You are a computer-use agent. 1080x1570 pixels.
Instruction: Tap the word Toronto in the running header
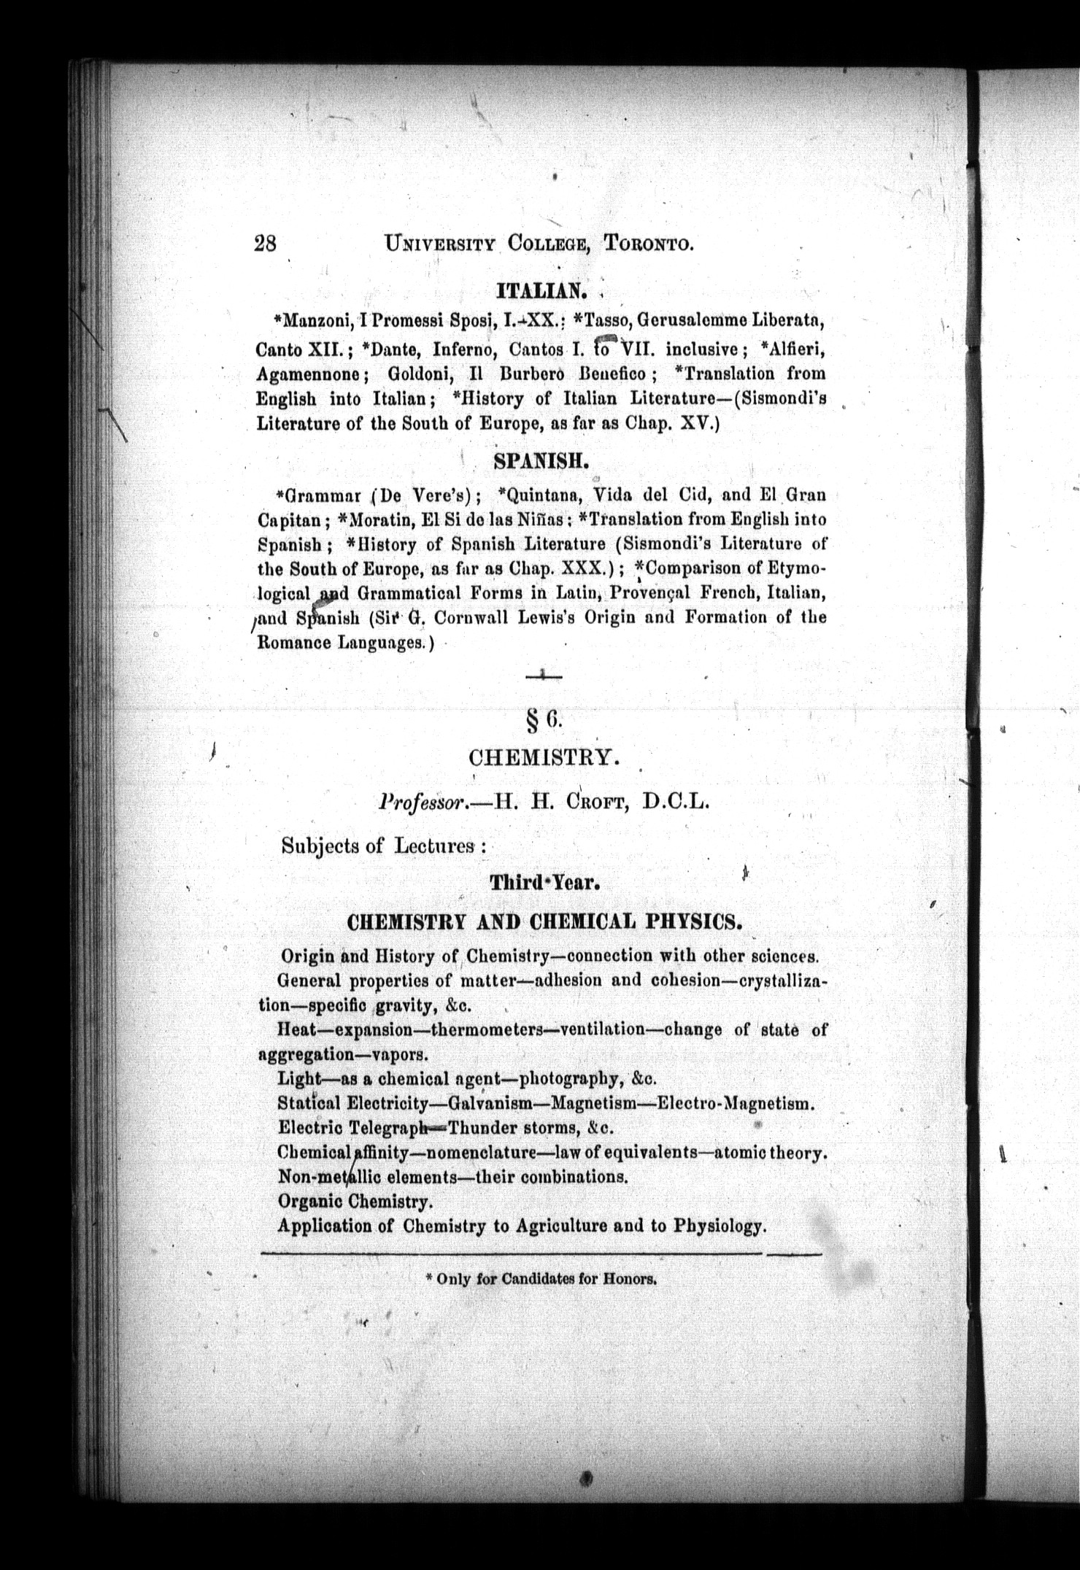pos(648,244)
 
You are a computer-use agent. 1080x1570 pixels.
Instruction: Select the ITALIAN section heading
pos(541,291)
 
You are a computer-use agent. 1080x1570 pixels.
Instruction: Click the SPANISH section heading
pos(541,461)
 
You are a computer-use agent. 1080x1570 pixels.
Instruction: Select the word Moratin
pos(379,519)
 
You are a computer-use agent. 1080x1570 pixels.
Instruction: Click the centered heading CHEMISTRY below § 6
pos(544,757)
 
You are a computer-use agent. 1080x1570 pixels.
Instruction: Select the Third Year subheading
pos(544,882)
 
